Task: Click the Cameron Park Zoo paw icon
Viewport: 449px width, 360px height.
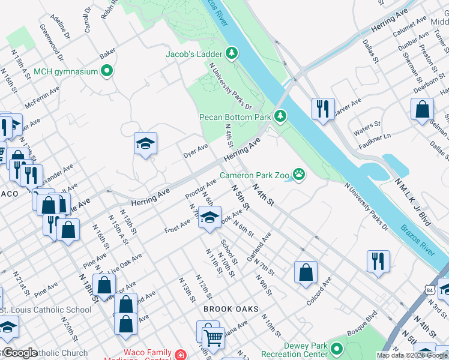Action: [x=298, y=175]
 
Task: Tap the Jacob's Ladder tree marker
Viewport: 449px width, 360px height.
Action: [x=232, y=53]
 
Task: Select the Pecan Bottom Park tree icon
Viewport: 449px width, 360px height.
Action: [x=279, y=115]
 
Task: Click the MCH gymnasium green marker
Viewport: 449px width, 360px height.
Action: [x=107, y=71]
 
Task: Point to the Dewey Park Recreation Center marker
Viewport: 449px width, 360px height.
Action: [x=336, y=347]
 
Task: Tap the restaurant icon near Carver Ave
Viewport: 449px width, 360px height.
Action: [x=323, y=109]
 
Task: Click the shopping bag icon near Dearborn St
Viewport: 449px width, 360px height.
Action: [x=422, y=109]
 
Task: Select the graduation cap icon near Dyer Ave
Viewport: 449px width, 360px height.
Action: [x=145, y=143]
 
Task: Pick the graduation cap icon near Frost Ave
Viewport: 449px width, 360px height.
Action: [x=209, y=218]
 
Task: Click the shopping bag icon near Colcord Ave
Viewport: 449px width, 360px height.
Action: [x=306, y=272]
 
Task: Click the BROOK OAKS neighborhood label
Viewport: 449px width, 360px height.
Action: [x=231, y=310]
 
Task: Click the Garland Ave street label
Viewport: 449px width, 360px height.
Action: [x=259, y=247]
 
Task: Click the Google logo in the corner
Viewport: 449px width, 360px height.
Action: [x=20, y=353]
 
